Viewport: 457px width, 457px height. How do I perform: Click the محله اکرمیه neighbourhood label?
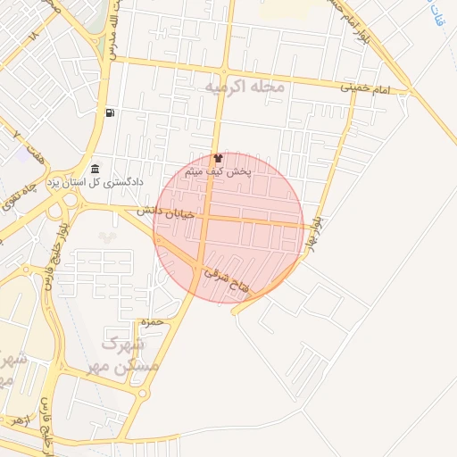pyautogui.click(x=244, y=87)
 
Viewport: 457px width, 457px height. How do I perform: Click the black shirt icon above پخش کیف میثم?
pyautogui.click(x=218, y=156)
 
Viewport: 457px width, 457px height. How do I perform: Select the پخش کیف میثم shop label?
pyautogui.click(x=218, y=170)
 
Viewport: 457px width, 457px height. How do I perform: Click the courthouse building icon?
pyautogui.click(x=95, y=170)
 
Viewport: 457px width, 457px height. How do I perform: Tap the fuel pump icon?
pyautogui.click(x=109, y=113)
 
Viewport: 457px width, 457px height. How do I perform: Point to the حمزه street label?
pyautogui.click(x=148, y=320)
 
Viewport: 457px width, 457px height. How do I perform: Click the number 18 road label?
pyautogui.click(x=34, y=37)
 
